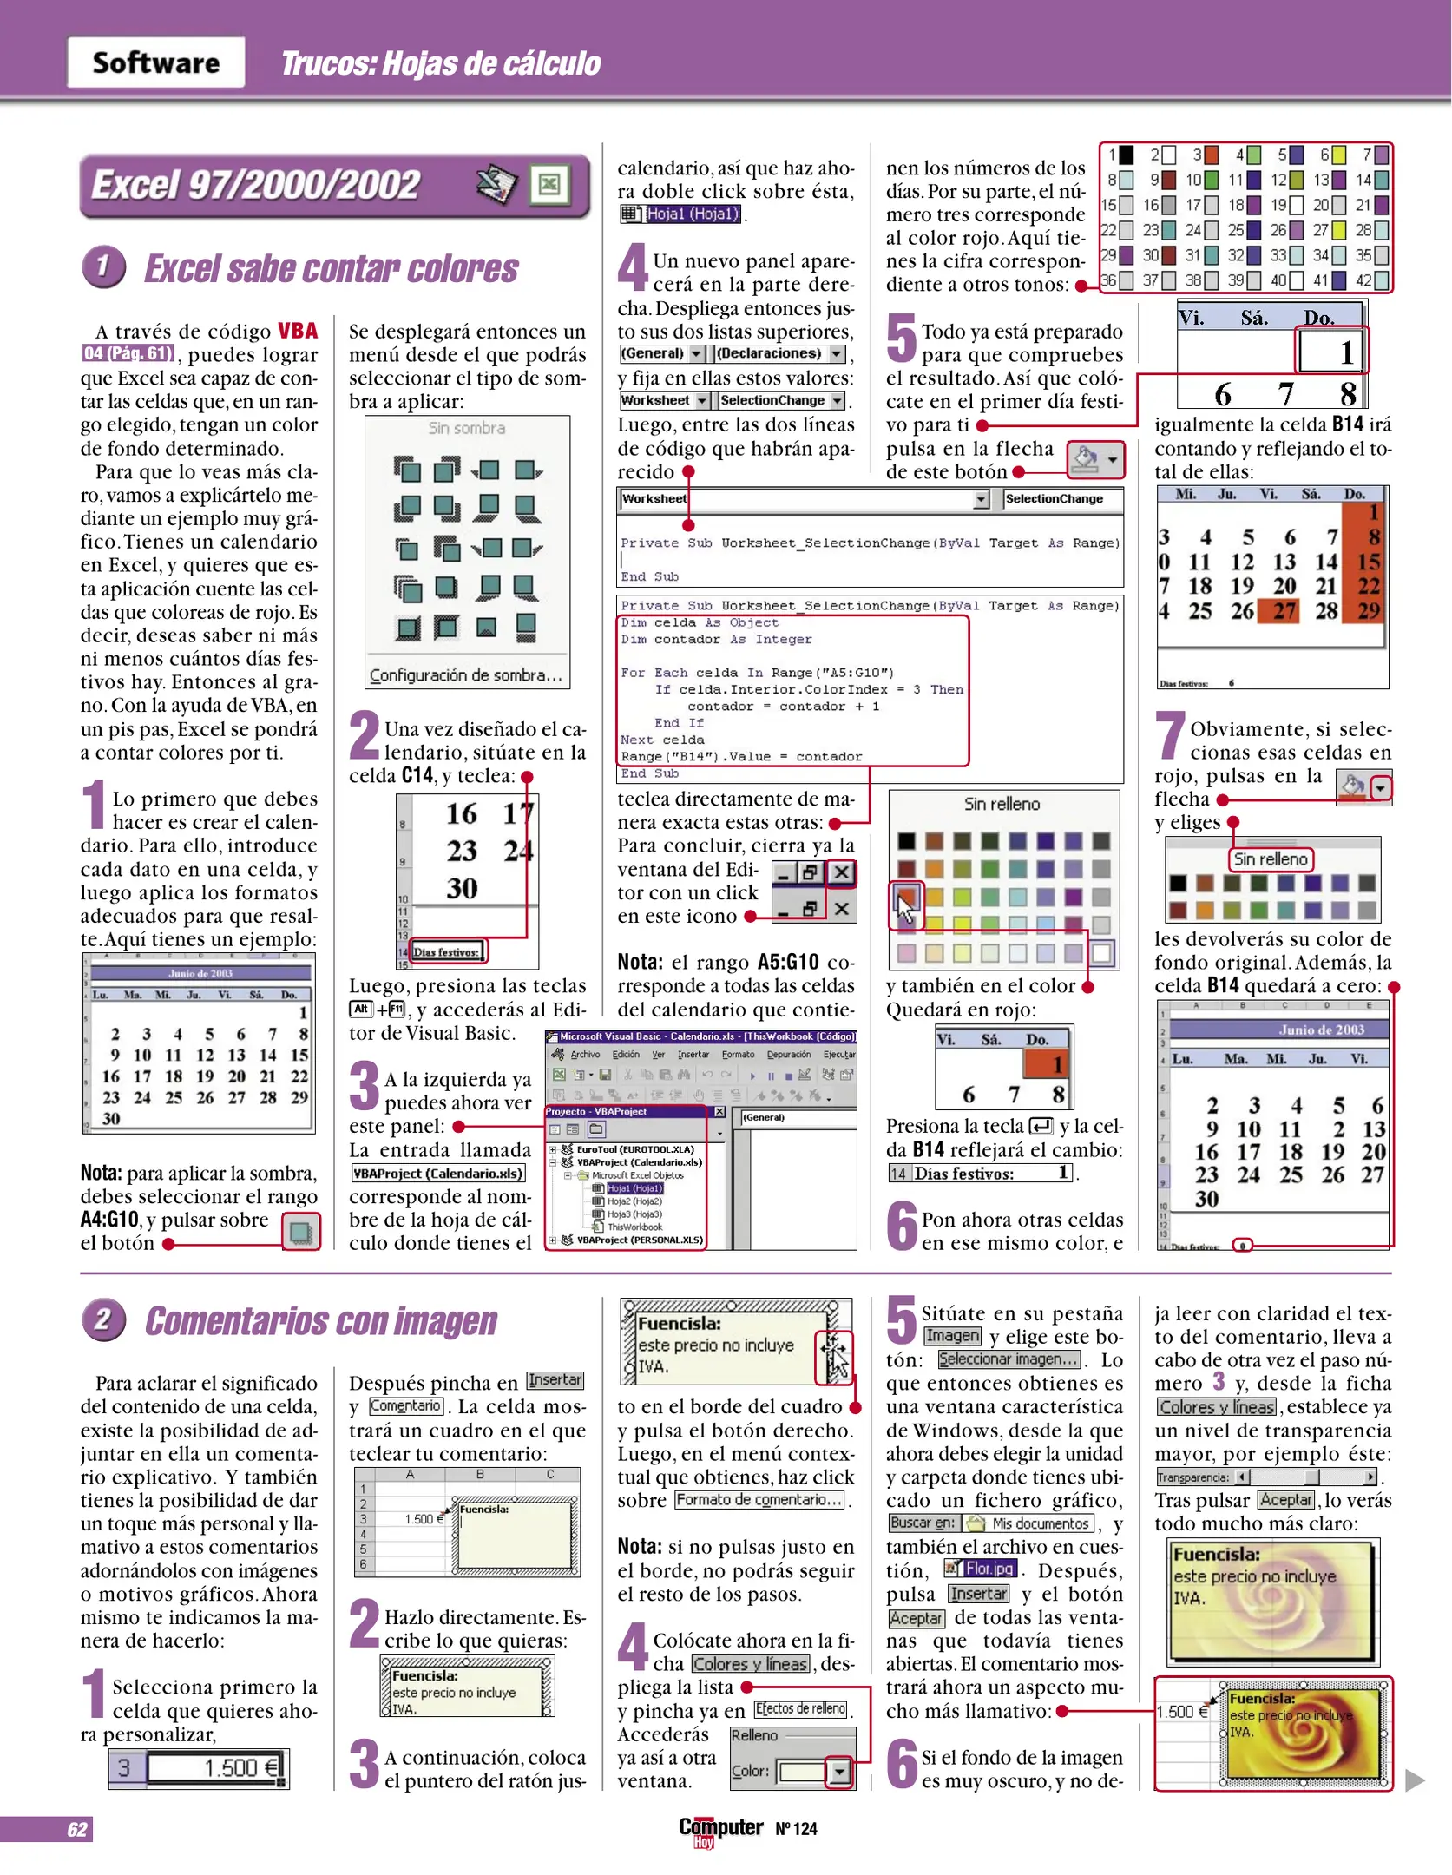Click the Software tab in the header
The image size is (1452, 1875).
pyautogui.click(x=156, y=62)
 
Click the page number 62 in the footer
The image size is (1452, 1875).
pyautogui.click(x=76, y=1829)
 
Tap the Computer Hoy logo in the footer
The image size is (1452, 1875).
pyautogui.click(x=720, y=1829)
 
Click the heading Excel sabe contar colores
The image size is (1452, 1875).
pyautogui.click(x=331, y=269)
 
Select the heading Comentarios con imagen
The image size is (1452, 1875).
pyautogui.click(x=320, y=1320)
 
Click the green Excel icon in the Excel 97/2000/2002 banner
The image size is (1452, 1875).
pyautogui.click(x=549, y=184)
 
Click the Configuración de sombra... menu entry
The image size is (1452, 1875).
pyautogui.click(x=466, y=674)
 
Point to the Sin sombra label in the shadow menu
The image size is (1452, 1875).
pyautogui.click(x=466, y=428)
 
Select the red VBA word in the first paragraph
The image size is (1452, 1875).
pyautogui.click(x=298, y=331)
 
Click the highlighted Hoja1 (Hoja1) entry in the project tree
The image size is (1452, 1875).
pyautogui.click(x=634, y=1188)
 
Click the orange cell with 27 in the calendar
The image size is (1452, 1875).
pyautogui.click(x=1284, y=611)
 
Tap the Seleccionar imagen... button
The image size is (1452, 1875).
pyautogui.click(x=1009, y=1359)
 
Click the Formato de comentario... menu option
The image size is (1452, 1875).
pyautogui.click(x=759, y=1500)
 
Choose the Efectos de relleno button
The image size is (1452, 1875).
pyautogui.click(x=800, y=1708)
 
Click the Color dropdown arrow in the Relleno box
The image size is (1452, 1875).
pyautogui.click(x=838, y=1771)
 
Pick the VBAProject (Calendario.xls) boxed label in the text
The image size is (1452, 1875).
pyautogui.click(x=438, y=1174)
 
